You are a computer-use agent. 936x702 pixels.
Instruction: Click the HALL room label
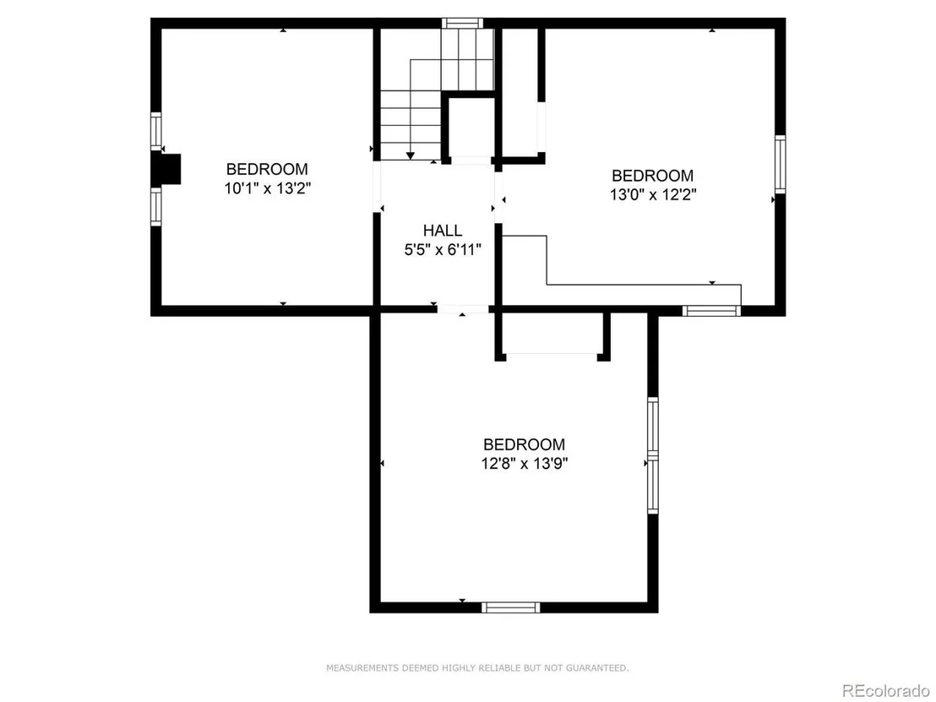(443, 231)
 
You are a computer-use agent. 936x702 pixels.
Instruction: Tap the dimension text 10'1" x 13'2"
(268, 188)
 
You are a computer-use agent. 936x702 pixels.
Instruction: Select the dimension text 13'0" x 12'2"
(653, 194)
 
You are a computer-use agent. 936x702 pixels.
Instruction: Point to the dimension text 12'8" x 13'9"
(524, 463)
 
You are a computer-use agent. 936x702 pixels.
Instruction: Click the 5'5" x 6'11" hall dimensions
(443, 249)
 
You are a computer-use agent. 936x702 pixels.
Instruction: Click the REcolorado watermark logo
(885, 691)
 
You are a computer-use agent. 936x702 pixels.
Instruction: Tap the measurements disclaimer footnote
(477, 668)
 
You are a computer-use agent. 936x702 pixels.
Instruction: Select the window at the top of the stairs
(462, 24)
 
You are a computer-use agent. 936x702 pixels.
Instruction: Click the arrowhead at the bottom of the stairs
(410, 155)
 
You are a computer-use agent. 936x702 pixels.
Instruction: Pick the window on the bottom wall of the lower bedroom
(511, 607)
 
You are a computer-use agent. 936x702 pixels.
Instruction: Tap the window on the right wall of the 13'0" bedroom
(781, 164)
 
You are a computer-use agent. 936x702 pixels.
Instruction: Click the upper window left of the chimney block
(155, 131)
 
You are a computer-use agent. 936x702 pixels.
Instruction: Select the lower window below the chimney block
(155, 206)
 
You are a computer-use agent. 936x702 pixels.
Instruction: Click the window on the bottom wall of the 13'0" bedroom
(711, 310)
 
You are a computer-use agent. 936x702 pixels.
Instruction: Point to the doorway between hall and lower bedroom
(463, 309)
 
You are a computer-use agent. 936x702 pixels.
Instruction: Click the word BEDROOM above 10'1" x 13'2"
(268, 170)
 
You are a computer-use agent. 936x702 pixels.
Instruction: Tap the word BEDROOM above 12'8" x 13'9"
(524, 444)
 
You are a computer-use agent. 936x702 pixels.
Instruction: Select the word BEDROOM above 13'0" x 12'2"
(653, 176)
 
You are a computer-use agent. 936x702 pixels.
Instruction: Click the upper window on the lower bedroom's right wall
(653, 427)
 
